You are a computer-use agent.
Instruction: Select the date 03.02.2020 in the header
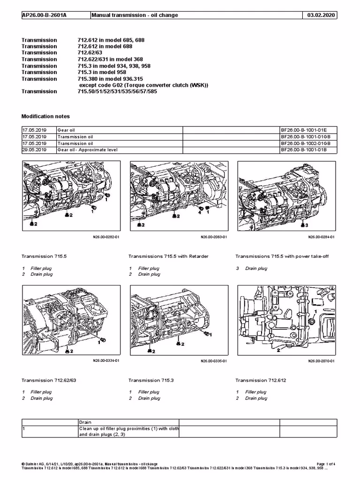coord(321,15)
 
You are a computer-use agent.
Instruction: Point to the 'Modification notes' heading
coord(45,116)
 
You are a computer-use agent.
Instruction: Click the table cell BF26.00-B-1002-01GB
coord(306,143)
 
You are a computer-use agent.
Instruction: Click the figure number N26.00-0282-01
coord(106,237)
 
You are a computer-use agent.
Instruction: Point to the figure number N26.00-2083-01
coord(214,237)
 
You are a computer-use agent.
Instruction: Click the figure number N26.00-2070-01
coord(321,361)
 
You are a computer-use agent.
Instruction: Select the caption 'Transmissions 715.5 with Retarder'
coord(168,256)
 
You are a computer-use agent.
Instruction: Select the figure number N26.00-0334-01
coord(106,361)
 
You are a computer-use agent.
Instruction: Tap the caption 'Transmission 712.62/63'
coord(49,380)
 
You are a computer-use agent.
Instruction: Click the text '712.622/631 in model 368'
coord(113,60)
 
